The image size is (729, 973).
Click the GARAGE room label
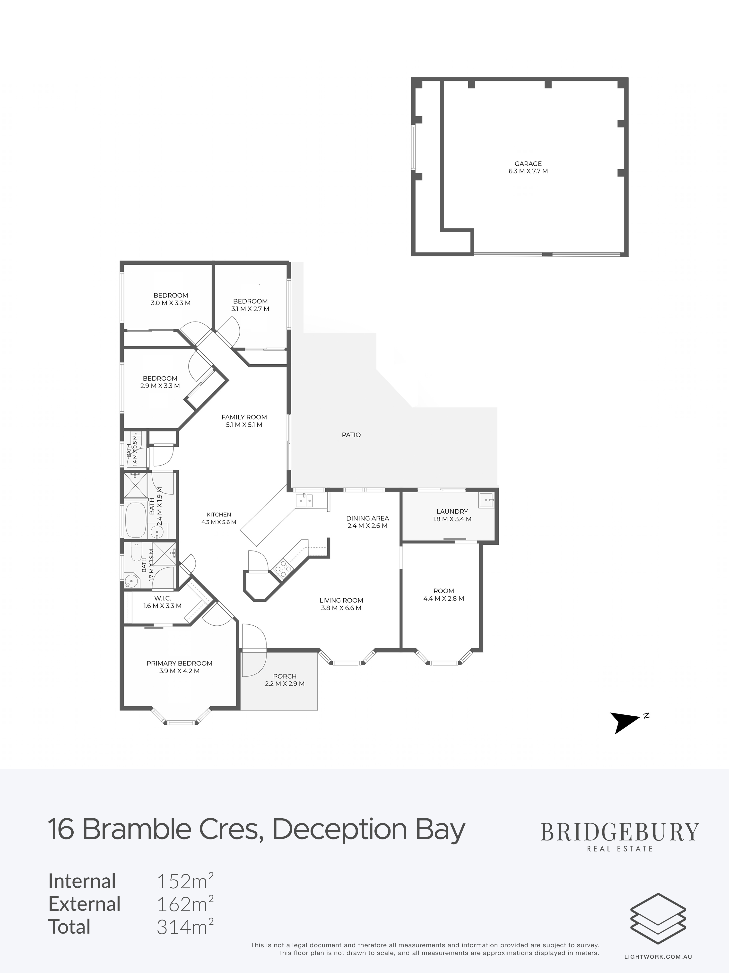coord(528,164)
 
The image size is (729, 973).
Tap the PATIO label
coord(351,435)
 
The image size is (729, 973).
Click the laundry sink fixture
coord(486,500)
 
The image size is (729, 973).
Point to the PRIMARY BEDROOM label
coord(179,663)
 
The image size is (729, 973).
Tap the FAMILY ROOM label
coord(244,417)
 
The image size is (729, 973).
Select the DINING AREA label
coord(367,518)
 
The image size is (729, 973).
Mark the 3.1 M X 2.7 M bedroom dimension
coord(251,309)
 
